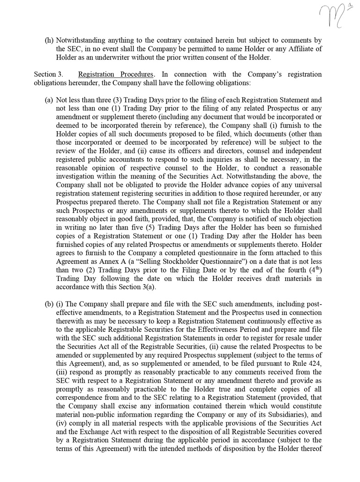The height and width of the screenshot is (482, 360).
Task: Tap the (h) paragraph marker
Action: [49, 40]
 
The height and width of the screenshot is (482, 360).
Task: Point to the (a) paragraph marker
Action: [49, 100]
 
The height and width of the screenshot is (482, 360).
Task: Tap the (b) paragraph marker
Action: [49, 304]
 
